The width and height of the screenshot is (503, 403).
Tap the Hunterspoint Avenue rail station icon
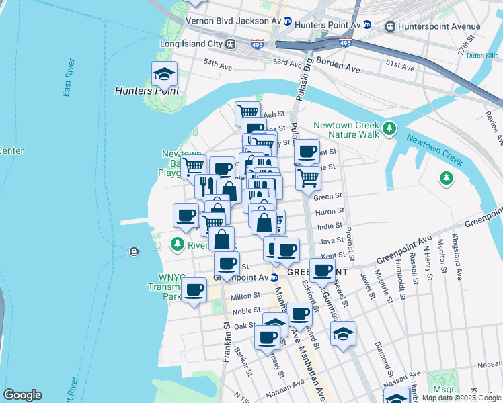point(390,26)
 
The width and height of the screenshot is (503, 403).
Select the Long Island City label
point(192,44)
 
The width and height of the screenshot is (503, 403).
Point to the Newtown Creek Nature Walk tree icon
point(388,128)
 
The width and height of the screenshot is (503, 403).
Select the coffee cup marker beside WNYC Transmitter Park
point(194,290)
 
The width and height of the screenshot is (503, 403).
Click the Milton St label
point(245,296)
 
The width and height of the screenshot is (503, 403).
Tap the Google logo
point(22,394)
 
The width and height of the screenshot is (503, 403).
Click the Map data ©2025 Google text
point(461,398)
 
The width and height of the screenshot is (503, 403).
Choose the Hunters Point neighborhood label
point(147,91)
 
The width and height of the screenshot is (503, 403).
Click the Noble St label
point(247,311)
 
